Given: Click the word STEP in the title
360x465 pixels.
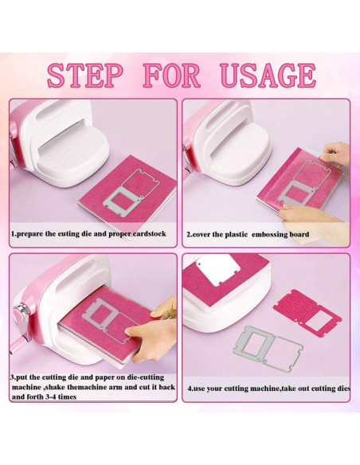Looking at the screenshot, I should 85,76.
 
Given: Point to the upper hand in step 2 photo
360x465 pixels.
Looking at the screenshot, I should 339,151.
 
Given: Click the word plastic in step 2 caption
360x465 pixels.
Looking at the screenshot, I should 237,235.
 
